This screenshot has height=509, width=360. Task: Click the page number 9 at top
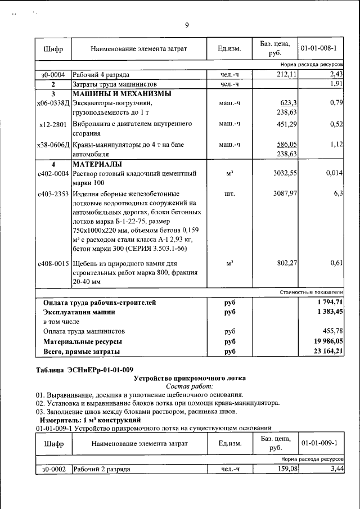(x=187, y=25)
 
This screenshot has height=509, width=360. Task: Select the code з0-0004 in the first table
(x=53, y=74)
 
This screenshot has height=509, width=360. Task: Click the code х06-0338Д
(x=53, y=103)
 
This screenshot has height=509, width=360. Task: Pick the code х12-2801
(x=53, y=124)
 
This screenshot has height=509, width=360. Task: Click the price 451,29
(x=285, y=124)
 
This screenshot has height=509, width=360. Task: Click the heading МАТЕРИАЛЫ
(x=97, y=164)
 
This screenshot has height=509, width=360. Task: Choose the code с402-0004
(x=53, y=173)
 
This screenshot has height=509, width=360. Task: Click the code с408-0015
(x=53, y=263)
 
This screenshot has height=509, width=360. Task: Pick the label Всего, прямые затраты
(x=82, y=352)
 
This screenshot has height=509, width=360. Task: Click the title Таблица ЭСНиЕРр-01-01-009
(x=84, y=370)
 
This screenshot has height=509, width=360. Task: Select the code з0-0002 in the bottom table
(x=53, y=469)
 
